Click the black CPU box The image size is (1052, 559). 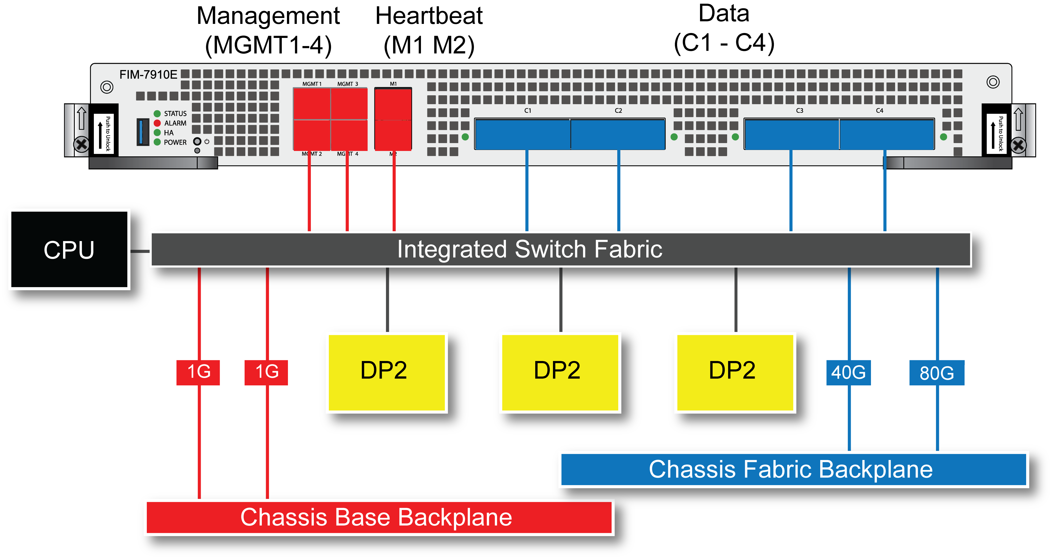click(69, 249)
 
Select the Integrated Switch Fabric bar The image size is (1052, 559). click(560, 249)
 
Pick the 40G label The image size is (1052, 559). click(848, 372)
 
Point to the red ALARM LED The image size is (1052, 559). click(157, 123)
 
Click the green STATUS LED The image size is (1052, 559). click(157, 114)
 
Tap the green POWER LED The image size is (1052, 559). click(157, 142)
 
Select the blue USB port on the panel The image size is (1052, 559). click(143, 132)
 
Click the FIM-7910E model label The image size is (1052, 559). click(148, 75)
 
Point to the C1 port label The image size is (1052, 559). click(528, 111)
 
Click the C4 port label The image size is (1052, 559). click(879, 111)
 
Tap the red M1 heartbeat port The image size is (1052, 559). click(393, 104)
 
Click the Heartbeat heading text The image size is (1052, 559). click(429, 16)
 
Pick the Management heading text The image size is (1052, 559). click(268, 16)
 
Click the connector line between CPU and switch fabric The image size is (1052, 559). click(140, 251)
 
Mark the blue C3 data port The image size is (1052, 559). click(791, 134)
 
